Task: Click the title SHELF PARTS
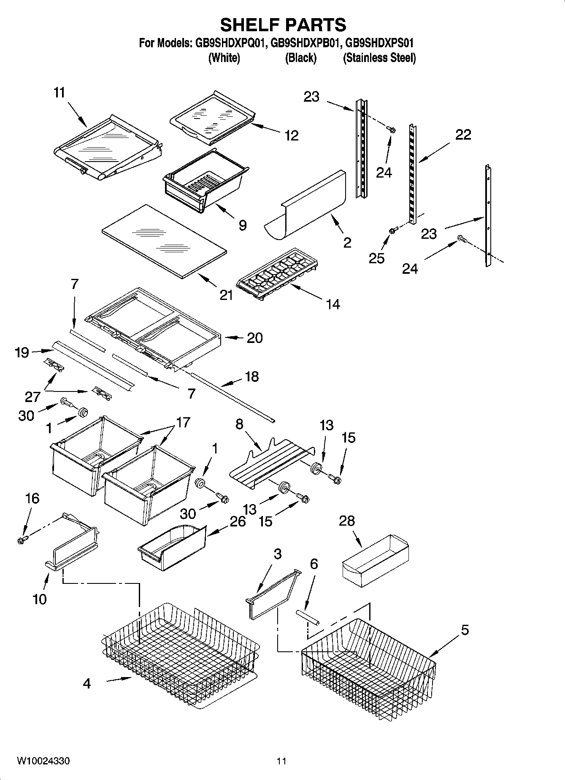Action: point(283,25)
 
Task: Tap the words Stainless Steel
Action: point(379,58)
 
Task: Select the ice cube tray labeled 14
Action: point(277,273)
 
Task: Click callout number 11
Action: point(59,92)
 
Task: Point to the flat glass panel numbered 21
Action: point(165,241)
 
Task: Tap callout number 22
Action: point(463,135)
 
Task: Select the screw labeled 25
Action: point(393,230)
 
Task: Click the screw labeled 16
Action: point(22,540)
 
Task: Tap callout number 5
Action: point(464,630)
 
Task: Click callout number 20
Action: point(254,337)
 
